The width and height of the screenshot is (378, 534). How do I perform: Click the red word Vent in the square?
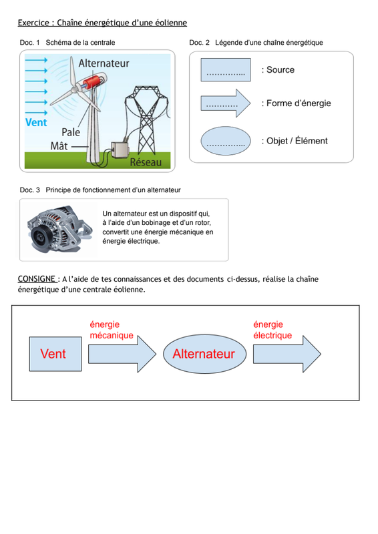click(53, 354)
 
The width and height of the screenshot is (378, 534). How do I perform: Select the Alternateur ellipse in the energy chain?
click(204, 354)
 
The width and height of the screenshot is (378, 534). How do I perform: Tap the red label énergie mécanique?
click(112, 330)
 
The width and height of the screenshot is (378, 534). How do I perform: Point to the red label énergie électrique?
click(272, 330)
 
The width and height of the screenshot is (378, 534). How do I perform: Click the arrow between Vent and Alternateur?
click(122, 354)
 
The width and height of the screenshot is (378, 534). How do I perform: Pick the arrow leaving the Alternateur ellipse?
click(287, 354)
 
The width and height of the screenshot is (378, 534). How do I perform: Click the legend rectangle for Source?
click(226, 70)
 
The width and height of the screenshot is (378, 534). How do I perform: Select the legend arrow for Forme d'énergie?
click(226, 103)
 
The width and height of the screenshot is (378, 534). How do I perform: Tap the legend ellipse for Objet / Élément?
click(226, 141)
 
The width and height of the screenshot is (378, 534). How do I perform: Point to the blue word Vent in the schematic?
click(36, 122)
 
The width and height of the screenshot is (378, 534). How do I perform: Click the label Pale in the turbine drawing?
click(71, 132)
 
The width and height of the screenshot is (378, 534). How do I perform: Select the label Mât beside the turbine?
click(59, 146)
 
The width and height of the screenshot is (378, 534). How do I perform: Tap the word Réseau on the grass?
click(146, 162)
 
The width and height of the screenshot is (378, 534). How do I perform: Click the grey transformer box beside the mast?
click(120, 149)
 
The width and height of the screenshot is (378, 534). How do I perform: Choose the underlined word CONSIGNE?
click(37, 279)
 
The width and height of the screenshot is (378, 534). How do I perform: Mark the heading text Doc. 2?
click(200, 43)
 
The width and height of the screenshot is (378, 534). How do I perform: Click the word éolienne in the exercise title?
click(171, 23)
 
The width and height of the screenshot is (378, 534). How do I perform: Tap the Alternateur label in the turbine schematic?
click(104, 63)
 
